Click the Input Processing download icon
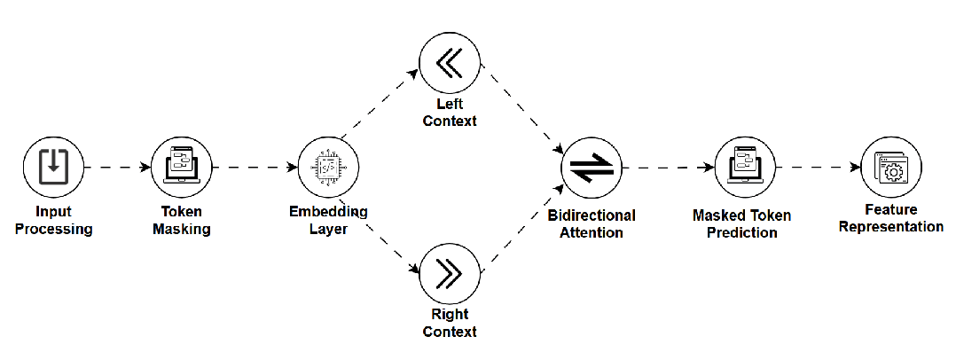point(52,167)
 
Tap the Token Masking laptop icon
point(181,167)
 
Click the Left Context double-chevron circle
point(449,65)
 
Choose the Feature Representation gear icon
point(891,167)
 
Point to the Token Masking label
point(181,221)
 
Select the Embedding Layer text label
point(328,220)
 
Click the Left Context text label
point(449,113)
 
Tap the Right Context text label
point(449,323)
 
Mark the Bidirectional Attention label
point(592,223)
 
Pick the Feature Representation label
point(891,218)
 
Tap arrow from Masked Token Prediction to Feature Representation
point(818,167)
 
